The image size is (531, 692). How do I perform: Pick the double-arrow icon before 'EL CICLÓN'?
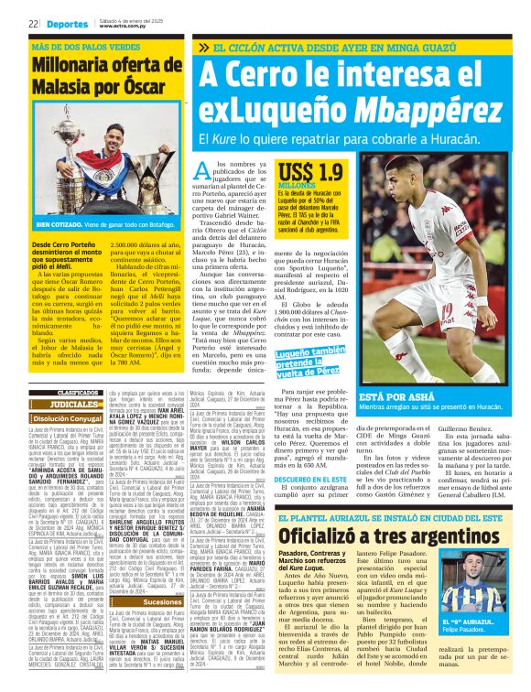203,47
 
